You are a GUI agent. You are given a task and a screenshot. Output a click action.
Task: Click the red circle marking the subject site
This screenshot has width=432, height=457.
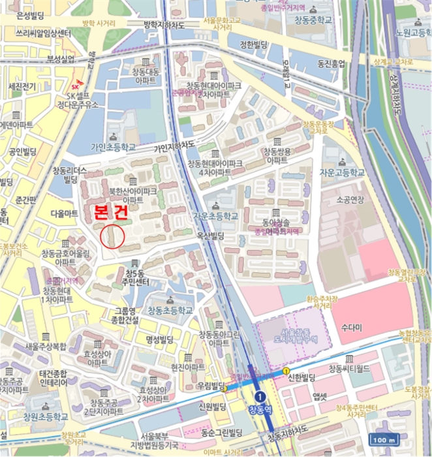click(x=113, y=236)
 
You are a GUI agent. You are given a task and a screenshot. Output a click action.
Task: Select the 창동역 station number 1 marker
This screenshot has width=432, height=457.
click(x=260, y=396)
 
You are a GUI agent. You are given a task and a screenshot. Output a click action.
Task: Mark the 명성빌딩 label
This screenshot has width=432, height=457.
click(x=159, y=339)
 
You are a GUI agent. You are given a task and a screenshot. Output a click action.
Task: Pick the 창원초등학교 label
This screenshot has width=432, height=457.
click(x=45, y=417)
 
